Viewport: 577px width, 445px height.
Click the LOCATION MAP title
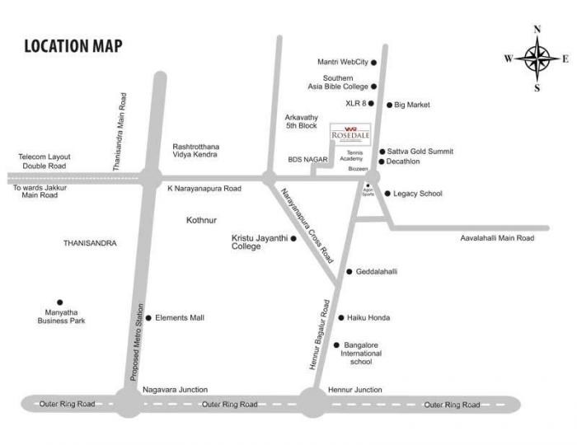point(73,46)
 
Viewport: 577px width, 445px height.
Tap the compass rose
point(537,59)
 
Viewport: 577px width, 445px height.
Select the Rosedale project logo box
point(346,134)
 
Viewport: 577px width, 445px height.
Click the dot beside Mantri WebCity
point(373,62)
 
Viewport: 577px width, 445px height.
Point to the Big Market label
point(412,105)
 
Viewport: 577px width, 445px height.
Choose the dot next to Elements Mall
point(148,317)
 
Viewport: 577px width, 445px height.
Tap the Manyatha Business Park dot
point(59,302)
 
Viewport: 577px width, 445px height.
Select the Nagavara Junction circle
point(128,403)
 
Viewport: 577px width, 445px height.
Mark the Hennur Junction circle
point(312,403)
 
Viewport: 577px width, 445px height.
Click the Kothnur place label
point(201,221)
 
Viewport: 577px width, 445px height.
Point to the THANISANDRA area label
point(90,243)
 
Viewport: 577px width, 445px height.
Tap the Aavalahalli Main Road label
point(497,238)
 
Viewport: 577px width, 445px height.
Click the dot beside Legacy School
point(387,194)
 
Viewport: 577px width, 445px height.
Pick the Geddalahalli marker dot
point(349,271)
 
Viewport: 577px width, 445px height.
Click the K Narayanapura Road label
point(204,189)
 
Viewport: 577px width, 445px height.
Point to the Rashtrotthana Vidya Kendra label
point(195,151)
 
